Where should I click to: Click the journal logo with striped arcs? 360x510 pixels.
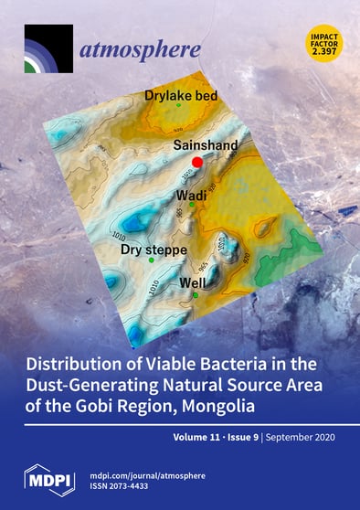[48, 48]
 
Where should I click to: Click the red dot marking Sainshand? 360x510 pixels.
[197, 161]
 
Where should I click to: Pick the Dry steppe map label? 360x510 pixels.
[154, 249]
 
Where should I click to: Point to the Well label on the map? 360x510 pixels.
[194, 283]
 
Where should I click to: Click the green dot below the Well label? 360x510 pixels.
[195, 295]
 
